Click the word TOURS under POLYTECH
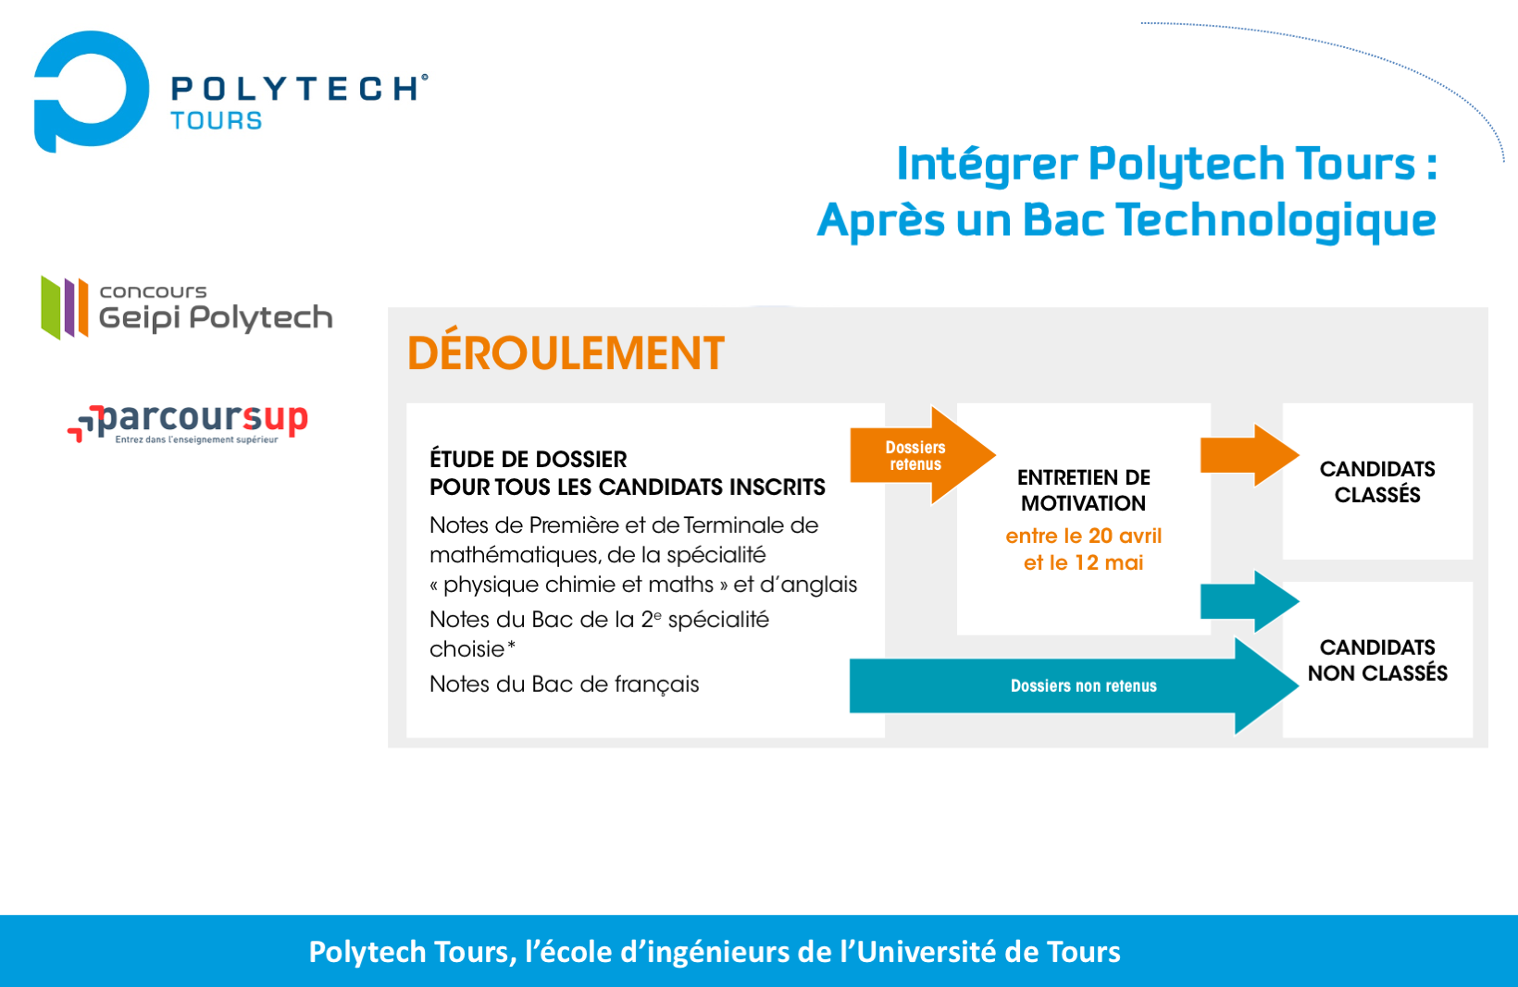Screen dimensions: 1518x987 tap(217, 120)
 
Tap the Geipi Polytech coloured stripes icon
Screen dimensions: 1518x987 tap(65, 307)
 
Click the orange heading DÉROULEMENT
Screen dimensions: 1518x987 tap(566, 353)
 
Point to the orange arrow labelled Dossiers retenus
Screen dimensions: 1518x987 tap(922, 455)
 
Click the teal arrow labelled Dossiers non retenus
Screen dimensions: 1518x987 tap(1074, 685)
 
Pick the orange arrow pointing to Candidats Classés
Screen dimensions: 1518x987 tap(1250, 455)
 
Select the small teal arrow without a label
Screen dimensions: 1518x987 tap(1250, 601)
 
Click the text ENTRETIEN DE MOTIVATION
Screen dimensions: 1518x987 tap(1084, 490)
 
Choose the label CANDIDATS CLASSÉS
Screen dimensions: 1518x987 tap(1377, 482)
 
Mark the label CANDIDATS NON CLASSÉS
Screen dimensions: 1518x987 tap(1377, 660)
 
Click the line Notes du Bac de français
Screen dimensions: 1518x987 tap(564, 685)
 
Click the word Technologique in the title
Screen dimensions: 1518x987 tap(1275, 220)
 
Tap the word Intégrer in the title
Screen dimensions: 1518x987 tap(987, 165)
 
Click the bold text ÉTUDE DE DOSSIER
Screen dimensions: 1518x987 tap(528, 460)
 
